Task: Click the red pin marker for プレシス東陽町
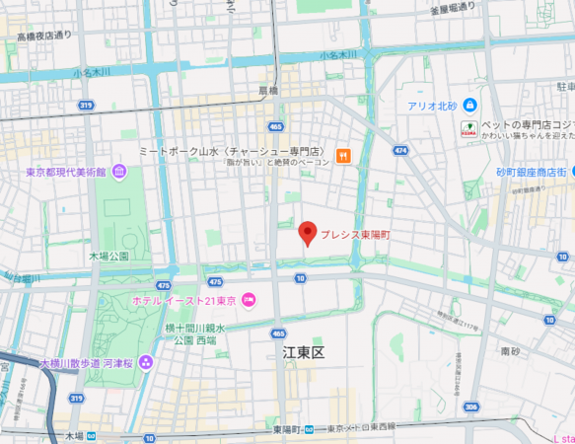tap(307, 233)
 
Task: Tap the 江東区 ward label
tap(303, 352)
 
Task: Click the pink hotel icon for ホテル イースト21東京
tap(249, 300)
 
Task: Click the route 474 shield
tap(399, 150)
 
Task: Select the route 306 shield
tap(471, 407)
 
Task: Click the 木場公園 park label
tap(108, 256)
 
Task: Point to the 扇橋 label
tap(268, 90)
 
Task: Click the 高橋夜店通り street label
tap(44, 36)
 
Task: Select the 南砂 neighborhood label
tap(510, 350)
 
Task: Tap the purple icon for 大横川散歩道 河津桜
tap(146, 363)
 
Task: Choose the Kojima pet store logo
tap(469, 128)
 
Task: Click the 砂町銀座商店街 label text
tap(531, 172)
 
